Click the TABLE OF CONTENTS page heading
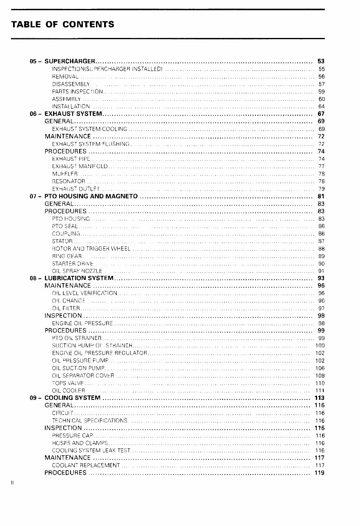[62, 24]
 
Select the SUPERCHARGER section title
[70, 62]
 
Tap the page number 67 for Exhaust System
[321, 114]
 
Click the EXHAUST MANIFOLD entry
[80, 166]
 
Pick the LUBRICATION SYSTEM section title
[79, 278]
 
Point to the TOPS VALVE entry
[68, 383]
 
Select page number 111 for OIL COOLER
[320, 391]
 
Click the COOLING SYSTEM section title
[72, 398]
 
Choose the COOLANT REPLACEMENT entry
[86, 465]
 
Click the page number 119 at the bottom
[320, 473]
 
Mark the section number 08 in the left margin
[34, 278]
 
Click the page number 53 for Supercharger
[321, 62]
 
